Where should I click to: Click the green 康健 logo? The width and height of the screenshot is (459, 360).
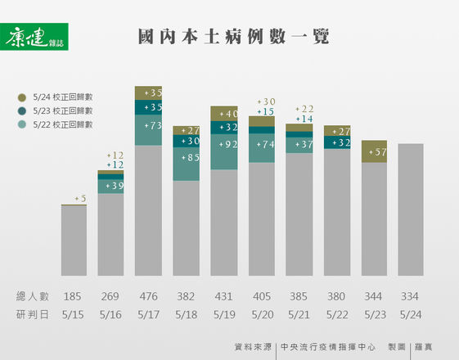point(36,37)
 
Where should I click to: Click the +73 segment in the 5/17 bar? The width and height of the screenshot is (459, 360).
point(148,128)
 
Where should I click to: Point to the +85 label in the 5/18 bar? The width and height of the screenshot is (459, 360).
point(186,157)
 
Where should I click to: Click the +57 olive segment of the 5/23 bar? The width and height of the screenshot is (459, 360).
point(374,152)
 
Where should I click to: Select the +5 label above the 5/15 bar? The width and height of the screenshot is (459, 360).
point(80,198)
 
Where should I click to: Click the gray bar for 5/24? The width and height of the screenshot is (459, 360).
point(412,209)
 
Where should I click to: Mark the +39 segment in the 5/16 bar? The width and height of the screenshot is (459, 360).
point(110,187)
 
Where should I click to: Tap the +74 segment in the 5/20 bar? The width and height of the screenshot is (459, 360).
point(261,145)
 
